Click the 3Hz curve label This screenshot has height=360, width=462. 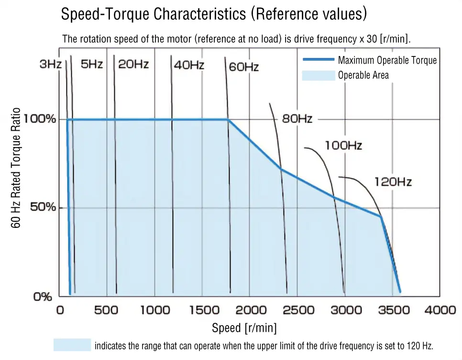pyautogui.click(x=50, y=64)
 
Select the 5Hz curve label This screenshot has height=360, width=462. pyautogui.click(x=91, y=64)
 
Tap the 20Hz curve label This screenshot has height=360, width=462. pyautogui.click(x=134, y=64)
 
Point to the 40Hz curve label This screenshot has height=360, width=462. pyautogui.click(x=189, y=65)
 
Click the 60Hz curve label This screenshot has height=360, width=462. pyautogui.click(x=243, y=67)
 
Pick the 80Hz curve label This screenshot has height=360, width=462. pyautogui.click(x=297, y=119)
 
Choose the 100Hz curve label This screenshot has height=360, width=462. pyautogui.click(x=343, y=145)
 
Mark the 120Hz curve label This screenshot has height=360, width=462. pyautogui.click(x=393, y=182)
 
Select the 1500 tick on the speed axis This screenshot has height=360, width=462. pyautogui.click(x=202, y=310)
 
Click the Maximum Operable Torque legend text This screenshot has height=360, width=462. pyautogui.click(x=387, y=60)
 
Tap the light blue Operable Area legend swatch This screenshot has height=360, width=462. pyautogui.click(x=319, y=75)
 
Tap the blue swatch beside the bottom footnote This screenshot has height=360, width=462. pyautogui.click(x=72, y=345)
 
